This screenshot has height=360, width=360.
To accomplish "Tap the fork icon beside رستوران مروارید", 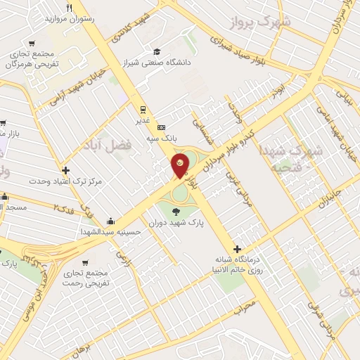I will point(69,8).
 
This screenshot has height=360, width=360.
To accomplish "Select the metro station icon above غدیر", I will point(143,109).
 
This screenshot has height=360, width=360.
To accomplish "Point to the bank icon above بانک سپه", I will point(162,127).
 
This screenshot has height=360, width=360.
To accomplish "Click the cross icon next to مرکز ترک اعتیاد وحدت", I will point(65,170).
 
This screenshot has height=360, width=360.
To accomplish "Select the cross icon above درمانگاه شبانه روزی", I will point(238,249).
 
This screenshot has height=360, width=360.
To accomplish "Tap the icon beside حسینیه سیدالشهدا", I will point(110,220).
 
